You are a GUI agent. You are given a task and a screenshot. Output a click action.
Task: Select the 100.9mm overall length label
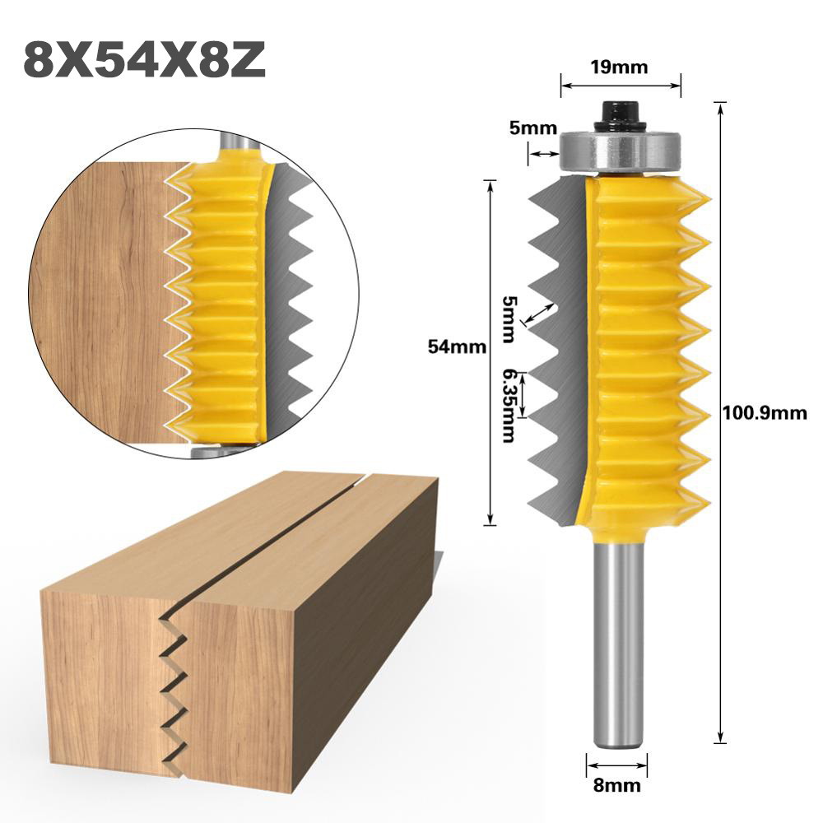765,413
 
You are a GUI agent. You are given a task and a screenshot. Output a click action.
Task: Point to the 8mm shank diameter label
616,785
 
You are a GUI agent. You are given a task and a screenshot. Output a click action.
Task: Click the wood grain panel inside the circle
99,296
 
